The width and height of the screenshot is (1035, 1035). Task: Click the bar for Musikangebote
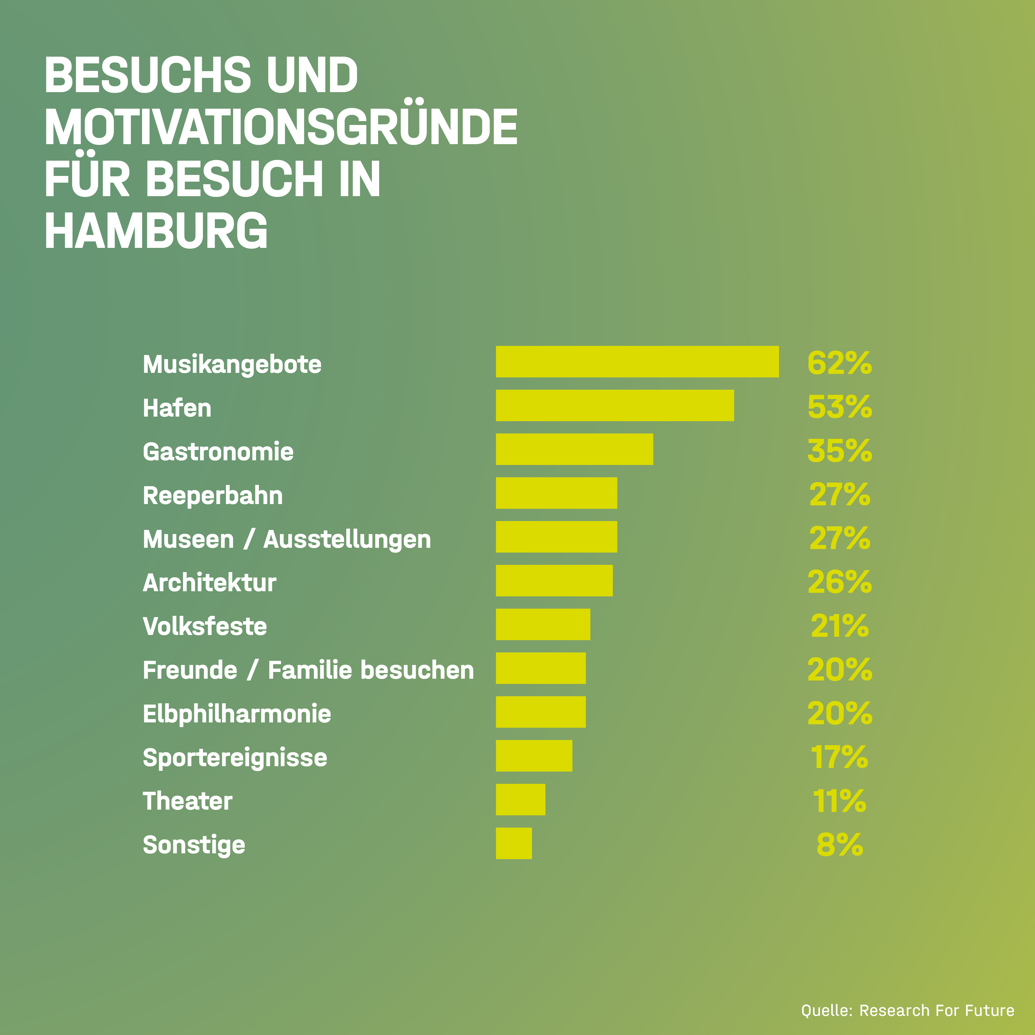637,362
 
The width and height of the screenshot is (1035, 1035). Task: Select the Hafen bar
615,405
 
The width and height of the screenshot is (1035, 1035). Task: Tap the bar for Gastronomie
574,449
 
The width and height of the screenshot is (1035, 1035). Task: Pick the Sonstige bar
514,843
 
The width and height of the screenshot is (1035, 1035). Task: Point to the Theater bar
520,799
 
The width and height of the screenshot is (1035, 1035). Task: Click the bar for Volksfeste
543,624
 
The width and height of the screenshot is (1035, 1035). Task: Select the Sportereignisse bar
534,755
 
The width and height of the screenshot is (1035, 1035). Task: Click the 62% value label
839,363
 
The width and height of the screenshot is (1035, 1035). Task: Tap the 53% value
839,406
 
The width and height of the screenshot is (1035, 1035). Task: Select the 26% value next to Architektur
839,582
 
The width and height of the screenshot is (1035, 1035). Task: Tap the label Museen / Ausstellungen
287,539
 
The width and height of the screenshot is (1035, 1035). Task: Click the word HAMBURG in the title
156,230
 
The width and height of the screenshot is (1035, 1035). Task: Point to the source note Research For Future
936,1010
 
